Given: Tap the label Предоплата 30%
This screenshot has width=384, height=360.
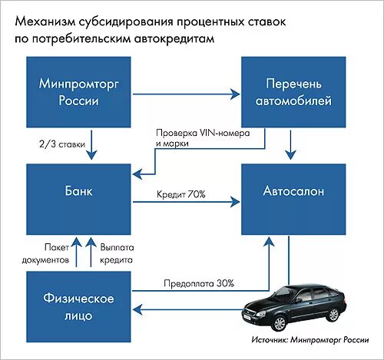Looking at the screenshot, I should (199, 283).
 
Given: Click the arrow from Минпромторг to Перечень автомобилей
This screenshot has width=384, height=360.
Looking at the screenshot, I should (185, 94).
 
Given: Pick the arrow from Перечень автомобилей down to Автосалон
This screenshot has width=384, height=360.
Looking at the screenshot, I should (290, 144).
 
